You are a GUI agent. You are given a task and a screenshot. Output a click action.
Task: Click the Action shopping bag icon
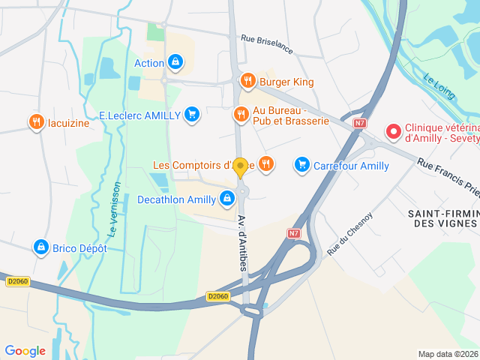coord(175,62)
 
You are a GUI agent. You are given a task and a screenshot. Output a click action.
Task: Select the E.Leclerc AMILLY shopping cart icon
coord(192,115)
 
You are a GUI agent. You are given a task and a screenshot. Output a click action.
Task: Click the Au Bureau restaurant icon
coord(241,115)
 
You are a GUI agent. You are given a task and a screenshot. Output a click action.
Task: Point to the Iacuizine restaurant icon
coord(35,122)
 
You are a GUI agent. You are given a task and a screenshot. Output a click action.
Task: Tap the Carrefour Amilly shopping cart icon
coord(301,164)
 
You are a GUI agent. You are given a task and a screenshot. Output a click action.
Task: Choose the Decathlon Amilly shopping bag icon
coord(226,199)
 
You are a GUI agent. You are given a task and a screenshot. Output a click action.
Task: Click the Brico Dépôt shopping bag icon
coord(41,247)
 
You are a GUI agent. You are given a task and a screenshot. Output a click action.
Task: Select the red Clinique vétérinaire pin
coord(393,132)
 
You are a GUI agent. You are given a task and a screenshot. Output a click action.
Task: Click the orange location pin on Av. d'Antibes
coord(241,166)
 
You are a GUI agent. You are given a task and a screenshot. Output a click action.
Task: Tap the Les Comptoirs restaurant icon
coord(265,164)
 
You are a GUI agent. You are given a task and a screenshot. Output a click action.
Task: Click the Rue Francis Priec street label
coord(448,177)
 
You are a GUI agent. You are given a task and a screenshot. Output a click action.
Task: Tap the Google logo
coord(25,350)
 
